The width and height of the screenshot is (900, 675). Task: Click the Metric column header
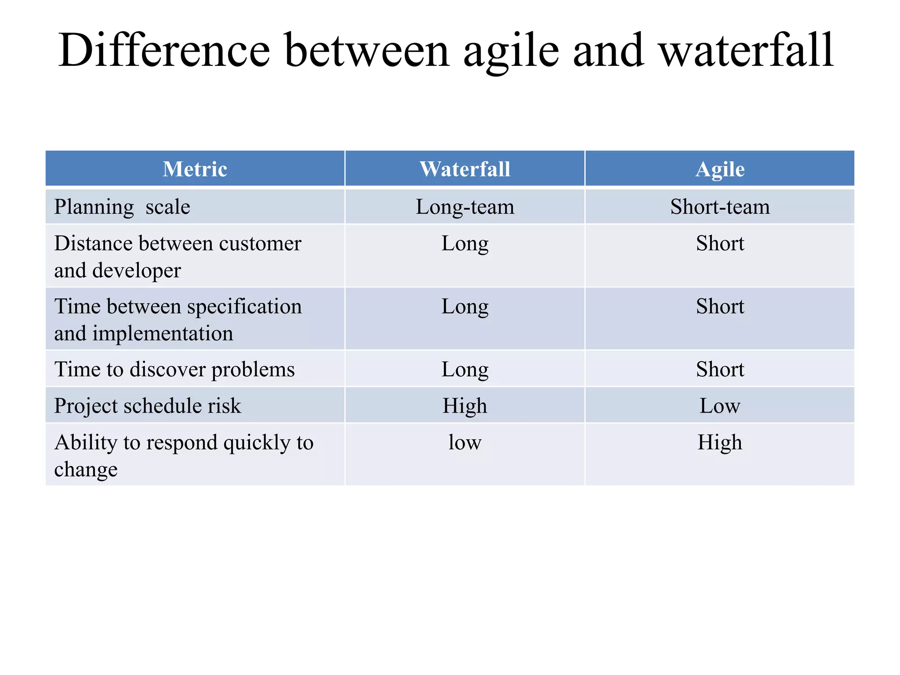tap(195, 169)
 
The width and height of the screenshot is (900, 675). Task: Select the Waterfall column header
tap(465, 169)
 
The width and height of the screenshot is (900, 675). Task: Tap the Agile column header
tap(719, 169)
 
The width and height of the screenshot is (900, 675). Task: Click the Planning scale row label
tap(122, 207)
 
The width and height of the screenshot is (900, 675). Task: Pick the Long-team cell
tap(465, 207)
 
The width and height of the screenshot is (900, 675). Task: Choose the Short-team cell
tap(719, 207)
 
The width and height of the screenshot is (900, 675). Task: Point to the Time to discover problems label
tap(174, 369)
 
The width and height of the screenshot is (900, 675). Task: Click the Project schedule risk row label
tap(147, 406)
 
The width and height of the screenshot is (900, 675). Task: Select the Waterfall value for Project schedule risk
tap(465, 406)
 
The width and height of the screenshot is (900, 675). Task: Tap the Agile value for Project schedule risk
tap(719, 406)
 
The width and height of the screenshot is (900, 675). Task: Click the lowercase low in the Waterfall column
tap(465, 442)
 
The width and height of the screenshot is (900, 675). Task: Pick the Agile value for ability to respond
tap(719, 442)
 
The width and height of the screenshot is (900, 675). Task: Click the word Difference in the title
tap(164, 50)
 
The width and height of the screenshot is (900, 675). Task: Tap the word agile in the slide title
tap(511, 50)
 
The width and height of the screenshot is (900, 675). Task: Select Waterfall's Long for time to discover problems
tap(465, 369)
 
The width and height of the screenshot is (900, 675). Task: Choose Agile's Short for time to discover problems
tap(719, 369)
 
